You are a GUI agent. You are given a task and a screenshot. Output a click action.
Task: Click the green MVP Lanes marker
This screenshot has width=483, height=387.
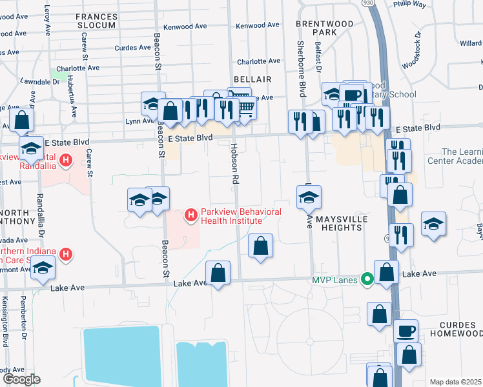(367, 279)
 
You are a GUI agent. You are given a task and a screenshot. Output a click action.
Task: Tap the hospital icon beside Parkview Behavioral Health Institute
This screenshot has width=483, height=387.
(190, 214)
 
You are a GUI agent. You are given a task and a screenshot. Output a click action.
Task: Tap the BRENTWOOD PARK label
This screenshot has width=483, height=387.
(316, 26)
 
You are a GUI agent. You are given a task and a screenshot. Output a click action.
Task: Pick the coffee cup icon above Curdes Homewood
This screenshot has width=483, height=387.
(405, 332)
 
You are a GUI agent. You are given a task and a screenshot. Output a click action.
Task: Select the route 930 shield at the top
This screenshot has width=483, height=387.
(385, 3)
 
